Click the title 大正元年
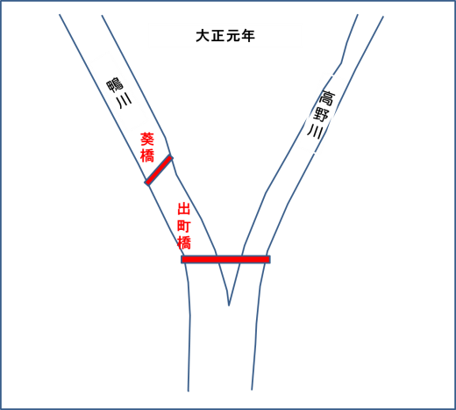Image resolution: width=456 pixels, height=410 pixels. pos(225,36)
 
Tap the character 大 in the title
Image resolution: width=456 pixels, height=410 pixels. pos(203,36)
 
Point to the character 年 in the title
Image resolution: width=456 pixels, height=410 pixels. pos(247,36)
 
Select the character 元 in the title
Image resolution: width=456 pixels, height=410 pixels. pos(232,36)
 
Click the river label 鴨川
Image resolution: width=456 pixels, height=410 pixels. pos(119,93)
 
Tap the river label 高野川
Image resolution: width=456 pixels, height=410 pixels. pos(321,114)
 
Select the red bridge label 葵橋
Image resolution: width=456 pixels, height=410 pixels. pos(147,147)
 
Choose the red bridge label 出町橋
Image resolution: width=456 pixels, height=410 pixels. pos(184,227)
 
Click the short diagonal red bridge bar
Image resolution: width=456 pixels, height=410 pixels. pos(159,170)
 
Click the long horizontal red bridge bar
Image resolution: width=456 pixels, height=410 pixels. pos(225,259)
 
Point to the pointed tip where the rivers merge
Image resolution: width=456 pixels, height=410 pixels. pos(229,306)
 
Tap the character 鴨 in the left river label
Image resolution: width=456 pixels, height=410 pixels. pos(115,85)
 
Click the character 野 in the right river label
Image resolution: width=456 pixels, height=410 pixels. pos(321,114)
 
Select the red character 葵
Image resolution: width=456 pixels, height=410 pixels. pos(147,140)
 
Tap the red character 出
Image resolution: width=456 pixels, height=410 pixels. pos(184,210)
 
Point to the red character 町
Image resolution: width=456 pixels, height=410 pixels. pos(184,226)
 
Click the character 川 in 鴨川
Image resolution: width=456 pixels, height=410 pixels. pos(124,102)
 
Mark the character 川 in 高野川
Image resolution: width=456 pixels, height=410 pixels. pos(315,131)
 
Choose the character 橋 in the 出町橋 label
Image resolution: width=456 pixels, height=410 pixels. pos(184,242)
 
